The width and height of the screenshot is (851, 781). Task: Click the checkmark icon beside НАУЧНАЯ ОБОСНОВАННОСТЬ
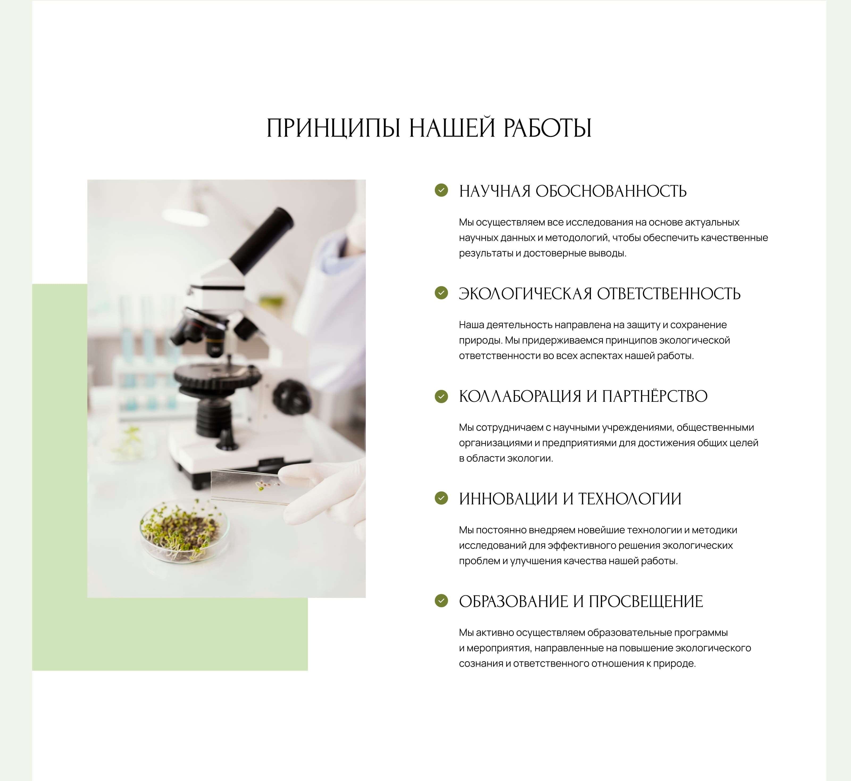click(x=441, y=190)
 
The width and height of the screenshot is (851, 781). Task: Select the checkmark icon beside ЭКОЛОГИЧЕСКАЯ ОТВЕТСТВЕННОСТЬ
click(x=441, y=293)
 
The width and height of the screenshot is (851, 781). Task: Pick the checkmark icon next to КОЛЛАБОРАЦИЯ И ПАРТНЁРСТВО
click(x=441, y=396)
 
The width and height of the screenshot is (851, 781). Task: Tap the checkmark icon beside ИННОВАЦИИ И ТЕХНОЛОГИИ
click(x=441, y=498)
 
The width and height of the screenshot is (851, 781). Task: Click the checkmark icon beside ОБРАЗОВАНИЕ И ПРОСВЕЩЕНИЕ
click(x=441, y=601)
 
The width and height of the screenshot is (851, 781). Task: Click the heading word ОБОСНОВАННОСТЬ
click(x=611, y=191)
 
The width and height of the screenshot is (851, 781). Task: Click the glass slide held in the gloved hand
click(x=249, y=487)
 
